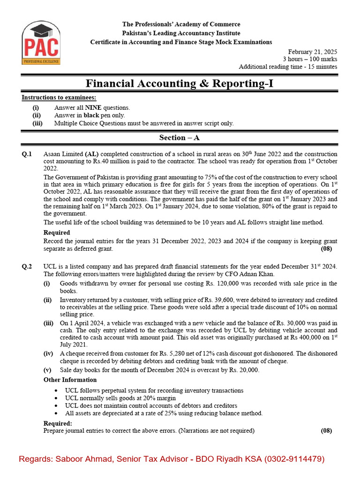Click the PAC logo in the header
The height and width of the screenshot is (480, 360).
pos(40,44)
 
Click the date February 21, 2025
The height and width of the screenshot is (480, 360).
pos(312,52)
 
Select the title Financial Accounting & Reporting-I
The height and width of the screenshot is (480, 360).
pos(180,83)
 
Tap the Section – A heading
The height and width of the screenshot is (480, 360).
pos(180,138)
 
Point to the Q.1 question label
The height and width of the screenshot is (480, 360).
pos(27,154)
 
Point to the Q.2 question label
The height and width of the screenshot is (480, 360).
pos(27,267)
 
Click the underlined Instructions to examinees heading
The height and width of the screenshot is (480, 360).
pos(59,97)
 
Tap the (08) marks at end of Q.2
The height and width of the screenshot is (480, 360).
pos(326,431)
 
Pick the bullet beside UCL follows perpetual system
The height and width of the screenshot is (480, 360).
pos(57,390)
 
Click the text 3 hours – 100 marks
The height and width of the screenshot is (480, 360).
pos(309,59)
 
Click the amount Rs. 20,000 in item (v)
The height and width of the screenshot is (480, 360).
pos(241,370)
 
